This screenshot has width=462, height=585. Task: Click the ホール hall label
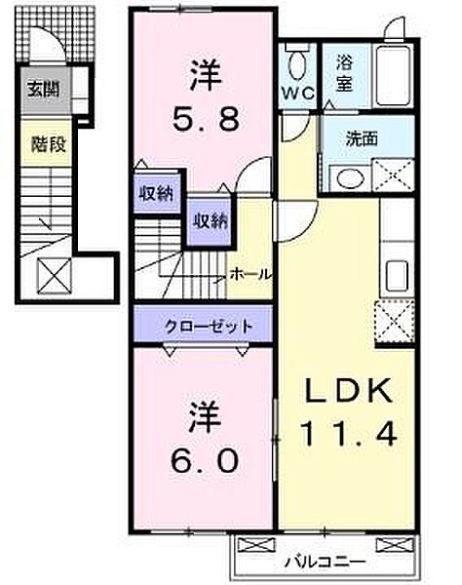(251, 274)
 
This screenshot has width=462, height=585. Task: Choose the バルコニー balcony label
(326, 563)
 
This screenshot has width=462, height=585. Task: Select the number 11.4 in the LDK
(349, 431)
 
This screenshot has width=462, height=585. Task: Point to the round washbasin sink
(346, 178)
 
